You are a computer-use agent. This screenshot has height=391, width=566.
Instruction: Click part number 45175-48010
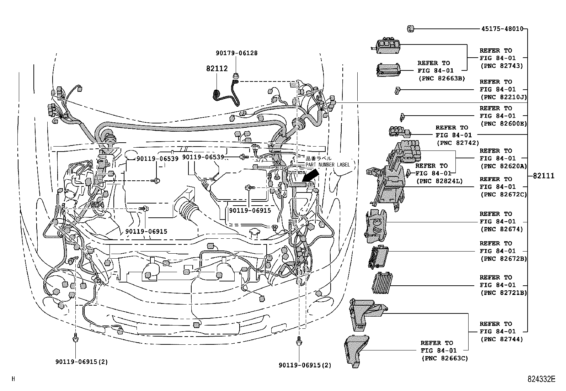[x=502, y=29]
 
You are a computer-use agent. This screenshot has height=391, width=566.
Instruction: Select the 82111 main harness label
[x=543, y=176]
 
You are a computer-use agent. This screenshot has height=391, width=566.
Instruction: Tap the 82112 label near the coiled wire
[x=217, y=68]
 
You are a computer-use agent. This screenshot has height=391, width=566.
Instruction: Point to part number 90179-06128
[x=236, y=53]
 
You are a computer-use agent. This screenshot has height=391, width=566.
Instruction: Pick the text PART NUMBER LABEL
[x=327, y=165]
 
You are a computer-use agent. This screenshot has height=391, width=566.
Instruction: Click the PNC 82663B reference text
[x=441, y=79]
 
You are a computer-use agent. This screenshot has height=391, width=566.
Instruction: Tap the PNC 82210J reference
[x=503, y=97]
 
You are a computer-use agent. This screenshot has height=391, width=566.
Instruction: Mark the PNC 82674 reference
[x=502, y=229]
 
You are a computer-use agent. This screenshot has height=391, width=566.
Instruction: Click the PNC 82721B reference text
[x=503, y=293]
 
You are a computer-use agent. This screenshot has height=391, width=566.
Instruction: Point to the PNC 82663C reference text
[x=444, y=358]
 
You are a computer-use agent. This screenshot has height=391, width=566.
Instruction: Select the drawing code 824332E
[x=541, y=380]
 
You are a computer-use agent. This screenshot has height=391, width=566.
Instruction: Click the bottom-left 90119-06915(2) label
[x=81, y=362]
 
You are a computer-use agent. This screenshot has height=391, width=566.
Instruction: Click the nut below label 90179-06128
[x=235, y=75]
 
